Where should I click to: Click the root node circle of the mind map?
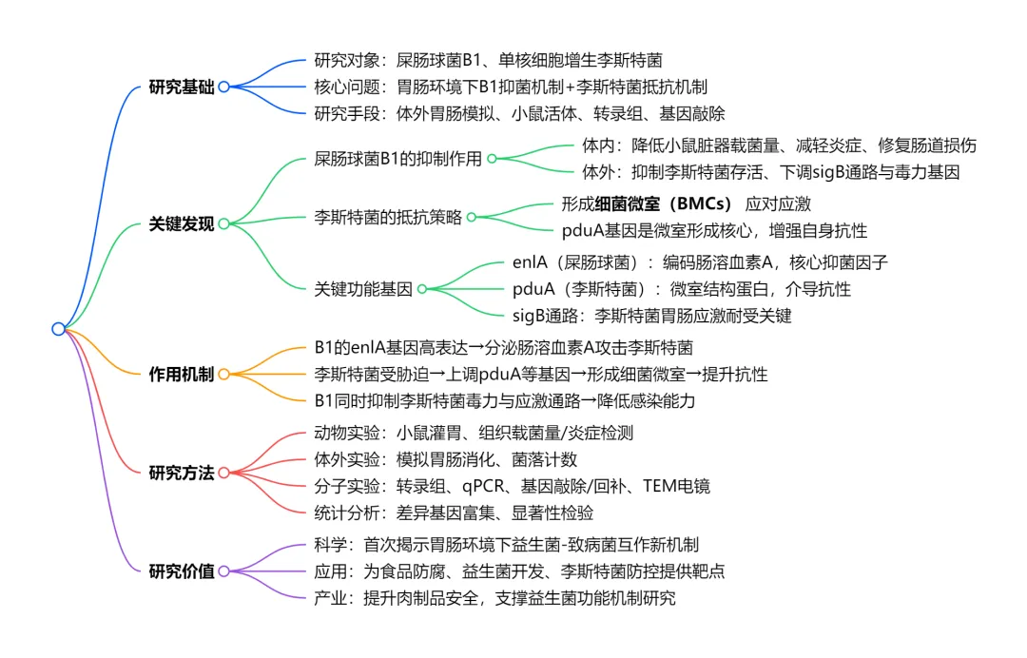click(x=58, y=329)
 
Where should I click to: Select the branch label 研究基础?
click(x=182, y=87)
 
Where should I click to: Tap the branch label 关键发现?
click(x=182, y=224)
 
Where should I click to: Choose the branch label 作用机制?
click(x=182, y=374)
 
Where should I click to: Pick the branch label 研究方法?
click(x=182, y=473)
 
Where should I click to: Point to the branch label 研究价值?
click(x=182, y=571)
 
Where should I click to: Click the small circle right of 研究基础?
click(x=224, y=87)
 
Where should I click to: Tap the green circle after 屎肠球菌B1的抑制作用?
click(x=492, y=159)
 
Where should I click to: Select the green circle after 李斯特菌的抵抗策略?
click(x=472, y=217)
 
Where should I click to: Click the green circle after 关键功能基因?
click(x=422, y=289)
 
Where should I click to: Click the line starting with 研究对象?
click(x=488, y=61)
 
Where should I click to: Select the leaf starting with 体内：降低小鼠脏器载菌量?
click(x=779, y=145)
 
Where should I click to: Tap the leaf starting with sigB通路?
click(x=651, y=315)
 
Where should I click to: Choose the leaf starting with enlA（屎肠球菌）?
click(x=700, y=262)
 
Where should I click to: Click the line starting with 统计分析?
click(x=454, y=513)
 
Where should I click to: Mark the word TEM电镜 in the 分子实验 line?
click(x=676, y=486)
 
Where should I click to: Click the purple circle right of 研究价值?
click(x=224, y=571)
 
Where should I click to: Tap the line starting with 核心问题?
click(x=511, y=87)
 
